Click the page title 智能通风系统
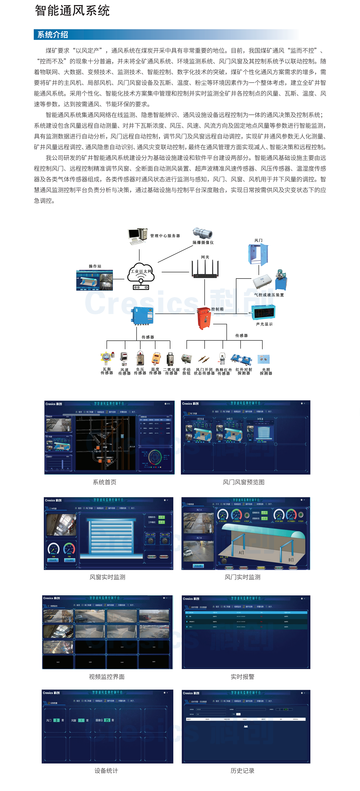pyautogui.click(x=72, y=11)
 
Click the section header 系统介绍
pyautogui.click(x=53, y=35)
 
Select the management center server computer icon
pyautogui.click(x=138, y=236)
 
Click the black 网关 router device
pyautogui.click(x=205, y=270)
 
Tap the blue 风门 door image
pyautogui.click(x=258, y=255)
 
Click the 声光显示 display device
pyautogui.click(x=263, y=312)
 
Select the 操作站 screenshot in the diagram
pyautogui.click(x=95, y=280)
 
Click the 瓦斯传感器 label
pyautogui.click(x=107, y=371)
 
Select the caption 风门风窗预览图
pyautogui.click(x=244, y=482)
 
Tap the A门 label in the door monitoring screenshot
pyautogui.click(x=241, y=553)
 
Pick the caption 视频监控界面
pyautogui.click(x=107, y=677)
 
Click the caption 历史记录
pyautogui.click(x=242, y=771)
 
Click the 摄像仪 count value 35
pyautogui.click(x=107, y=720)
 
